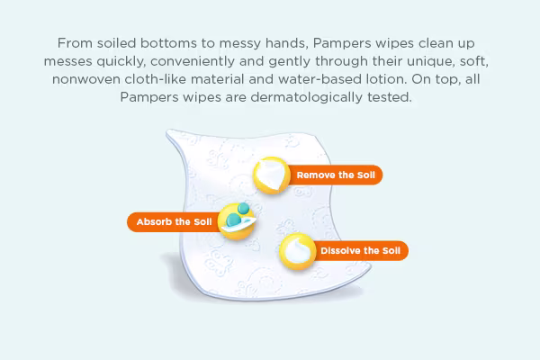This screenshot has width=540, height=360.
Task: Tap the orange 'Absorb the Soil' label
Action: tap(173, 221)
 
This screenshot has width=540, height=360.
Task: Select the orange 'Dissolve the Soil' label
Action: tap(359, 249)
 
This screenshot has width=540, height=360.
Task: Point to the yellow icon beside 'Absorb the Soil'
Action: tap(238, 220)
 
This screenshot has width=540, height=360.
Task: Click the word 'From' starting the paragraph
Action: tap(75, 42)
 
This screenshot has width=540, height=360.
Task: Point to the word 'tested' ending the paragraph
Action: tap(389, 96)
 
